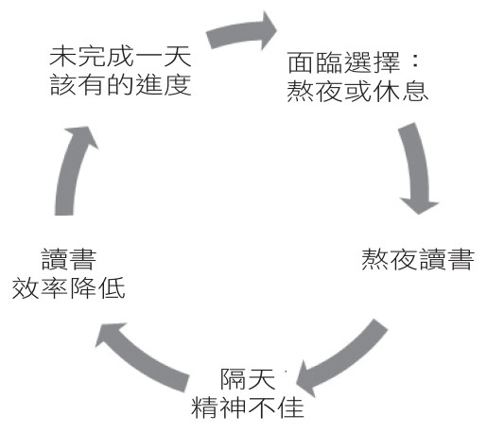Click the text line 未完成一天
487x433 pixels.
click(x=120, y=57)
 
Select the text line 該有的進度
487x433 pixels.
click(x=120, y=85)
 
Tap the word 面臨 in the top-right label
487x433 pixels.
click(x=315, y=62)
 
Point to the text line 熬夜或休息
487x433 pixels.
click(x=357, y=92)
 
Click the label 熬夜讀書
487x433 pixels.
click(x=418, y=259)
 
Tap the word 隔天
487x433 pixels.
click(x=248, y=379)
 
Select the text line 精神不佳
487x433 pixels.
click(x=248, y=407)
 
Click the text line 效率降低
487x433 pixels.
click(x=69, y=288)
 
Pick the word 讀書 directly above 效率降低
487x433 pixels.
click(x=69, y=260)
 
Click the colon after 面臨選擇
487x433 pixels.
click(x=416, y=62)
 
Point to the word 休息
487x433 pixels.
click(x=401, y=92)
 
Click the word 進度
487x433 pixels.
click(x=164, y=85)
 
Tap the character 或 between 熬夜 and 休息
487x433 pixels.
click(x=357, y=92)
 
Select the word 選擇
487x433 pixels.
click(x=373, y=62)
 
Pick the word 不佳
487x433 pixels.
click(x=276, y=407)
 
